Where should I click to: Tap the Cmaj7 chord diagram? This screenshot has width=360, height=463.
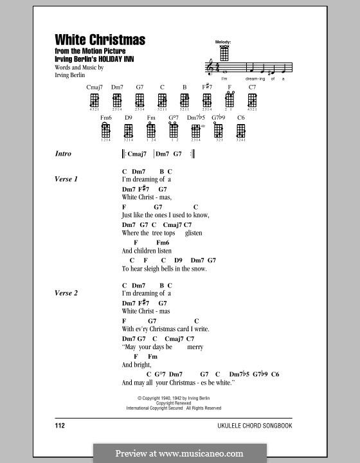[94, 100]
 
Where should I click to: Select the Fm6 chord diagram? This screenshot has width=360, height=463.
[106, 131]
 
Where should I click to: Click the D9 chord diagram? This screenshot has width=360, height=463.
[129, 131]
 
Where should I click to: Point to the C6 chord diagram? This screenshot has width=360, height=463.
[241, 131]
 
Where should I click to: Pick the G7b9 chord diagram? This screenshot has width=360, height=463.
[219, 131]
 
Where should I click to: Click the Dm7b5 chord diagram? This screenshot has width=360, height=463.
[196, 131]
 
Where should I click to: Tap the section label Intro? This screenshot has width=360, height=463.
[64, 154]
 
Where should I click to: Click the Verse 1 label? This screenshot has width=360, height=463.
[66, 179]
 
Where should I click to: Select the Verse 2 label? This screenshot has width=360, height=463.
[66, 293]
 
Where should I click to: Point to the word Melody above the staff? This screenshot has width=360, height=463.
[223, 42]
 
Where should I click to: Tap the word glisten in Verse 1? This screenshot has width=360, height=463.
[194, 233]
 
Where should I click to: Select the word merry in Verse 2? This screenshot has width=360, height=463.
[195, 347]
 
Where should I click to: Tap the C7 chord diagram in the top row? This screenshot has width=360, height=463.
[252, 100]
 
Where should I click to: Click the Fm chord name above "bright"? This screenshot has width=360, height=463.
[152, 356]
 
